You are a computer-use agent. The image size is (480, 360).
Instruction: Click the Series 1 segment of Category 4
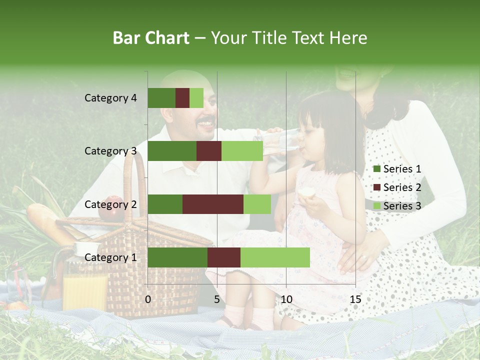[161, 98]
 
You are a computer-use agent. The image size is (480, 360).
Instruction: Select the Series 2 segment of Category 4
[182, 98]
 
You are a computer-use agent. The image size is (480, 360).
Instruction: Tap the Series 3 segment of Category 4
[196, 98]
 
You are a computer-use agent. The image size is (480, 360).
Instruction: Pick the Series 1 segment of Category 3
[172, 151]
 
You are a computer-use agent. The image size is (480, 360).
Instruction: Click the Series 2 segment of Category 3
[209, 151]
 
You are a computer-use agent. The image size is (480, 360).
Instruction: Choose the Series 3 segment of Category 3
[242, 151]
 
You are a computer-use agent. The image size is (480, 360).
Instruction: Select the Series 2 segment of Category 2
[213, 204]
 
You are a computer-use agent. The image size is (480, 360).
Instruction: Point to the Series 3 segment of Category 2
[257, 204]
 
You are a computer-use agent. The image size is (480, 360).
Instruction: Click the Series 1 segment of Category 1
[177, 257]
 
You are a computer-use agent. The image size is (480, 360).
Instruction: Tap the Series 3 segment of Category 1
[275, 257]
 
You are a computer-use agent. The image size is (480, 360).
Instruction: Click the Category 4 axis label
[110, 98]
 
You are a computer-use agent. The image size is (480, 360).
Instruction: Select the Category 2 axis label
[110, 204]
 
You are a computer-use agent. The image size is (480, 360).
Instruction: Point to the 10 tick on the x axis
[286, 299]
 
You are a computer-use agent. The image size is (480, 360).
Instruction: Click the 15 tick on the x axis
[355, 299]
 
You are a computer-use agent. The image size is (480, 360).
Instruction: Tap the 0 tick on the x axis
[148, 299]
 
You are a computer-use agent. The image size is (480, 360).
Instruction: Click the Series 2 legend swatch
[376, 187]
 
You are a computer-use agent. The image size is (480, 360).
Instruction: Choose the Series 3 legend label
[402, 205]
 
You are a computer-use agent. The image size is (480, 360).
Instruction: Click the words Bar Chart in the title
[151, 38]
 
